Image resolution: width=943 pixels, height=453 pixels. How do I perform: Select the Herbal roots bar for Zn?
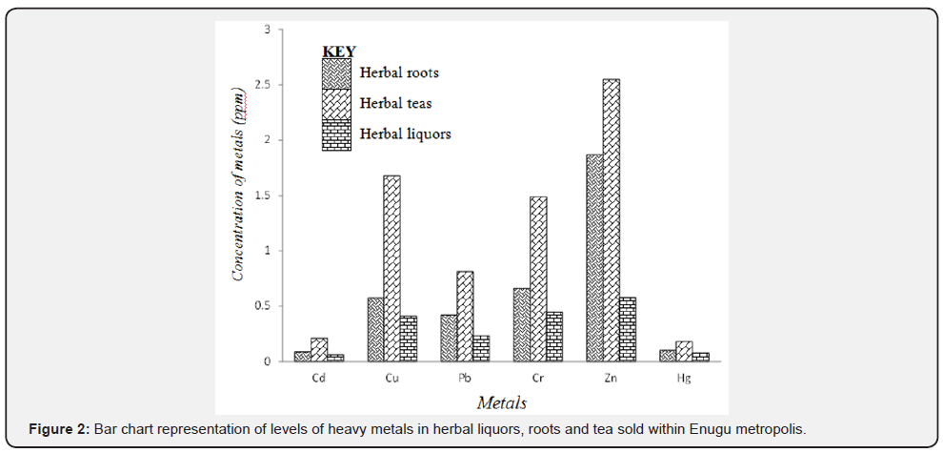click(593, 257)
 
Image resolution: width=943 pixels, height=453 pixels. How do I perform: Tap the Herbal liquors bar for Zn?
click(627, 329)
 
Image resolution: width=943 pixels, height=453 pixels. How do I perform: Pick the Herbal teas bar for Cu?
click(391, 268)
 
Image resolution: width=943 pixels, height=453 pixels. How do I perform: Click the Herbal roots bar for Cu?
click(375, 329)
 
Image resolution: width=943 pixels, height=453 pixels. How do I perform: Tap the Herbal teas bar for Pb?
click(465, 316)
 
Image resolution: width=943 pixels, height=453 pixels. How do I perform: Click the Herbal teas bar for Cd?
click(318, 349)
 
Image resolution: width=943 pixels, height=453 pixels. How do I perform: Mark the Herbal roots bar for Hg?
click(667, 355)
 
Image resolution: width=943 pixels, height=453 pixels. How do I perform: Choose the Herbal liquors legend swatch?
click(336, 134)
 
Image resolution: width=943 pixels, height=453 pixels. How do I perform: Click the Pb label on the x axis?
click(465, 378)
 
